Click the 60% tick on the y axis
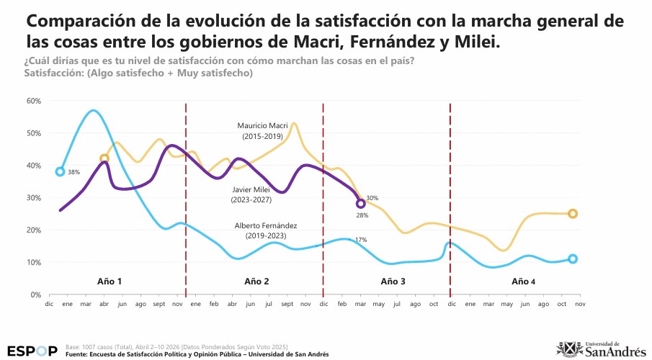(x=33, y=100)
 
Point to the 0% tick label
(x=35, y=294)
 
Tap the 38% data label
(x=73, y=173)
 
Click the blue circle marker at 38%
(x=61, y=171)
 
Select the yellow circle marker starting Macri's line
(x=104, y=158)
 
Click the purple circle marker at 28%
(x=361, y=204)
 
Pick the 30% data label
(x=372, y=198)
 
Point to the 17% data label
(x=361, y=240)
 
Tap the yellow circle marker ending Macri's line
(x=573, y=214)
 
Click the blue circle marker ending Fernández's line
(x=573, y=259)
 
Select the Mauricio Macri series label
(x=263, y=130)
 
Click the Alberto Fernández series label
(x=266, y=230)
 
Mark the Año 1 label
(x=110, y=280)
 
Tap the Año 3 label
(x=393, y=280)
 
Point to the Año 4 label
(x=523, y=280)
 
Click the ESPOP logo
(x=32, y=351)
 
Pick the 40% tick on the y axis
(x=33, y=165)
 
